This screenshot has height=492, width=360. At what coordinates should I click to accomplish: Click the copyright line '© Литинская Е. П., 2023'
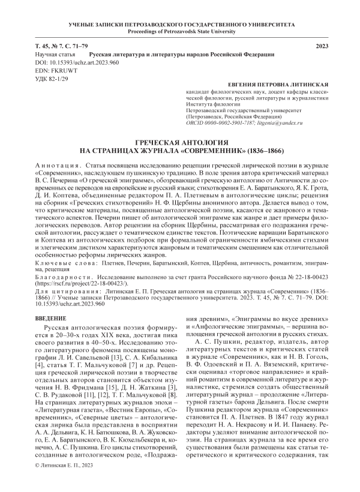click(65, 481)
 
